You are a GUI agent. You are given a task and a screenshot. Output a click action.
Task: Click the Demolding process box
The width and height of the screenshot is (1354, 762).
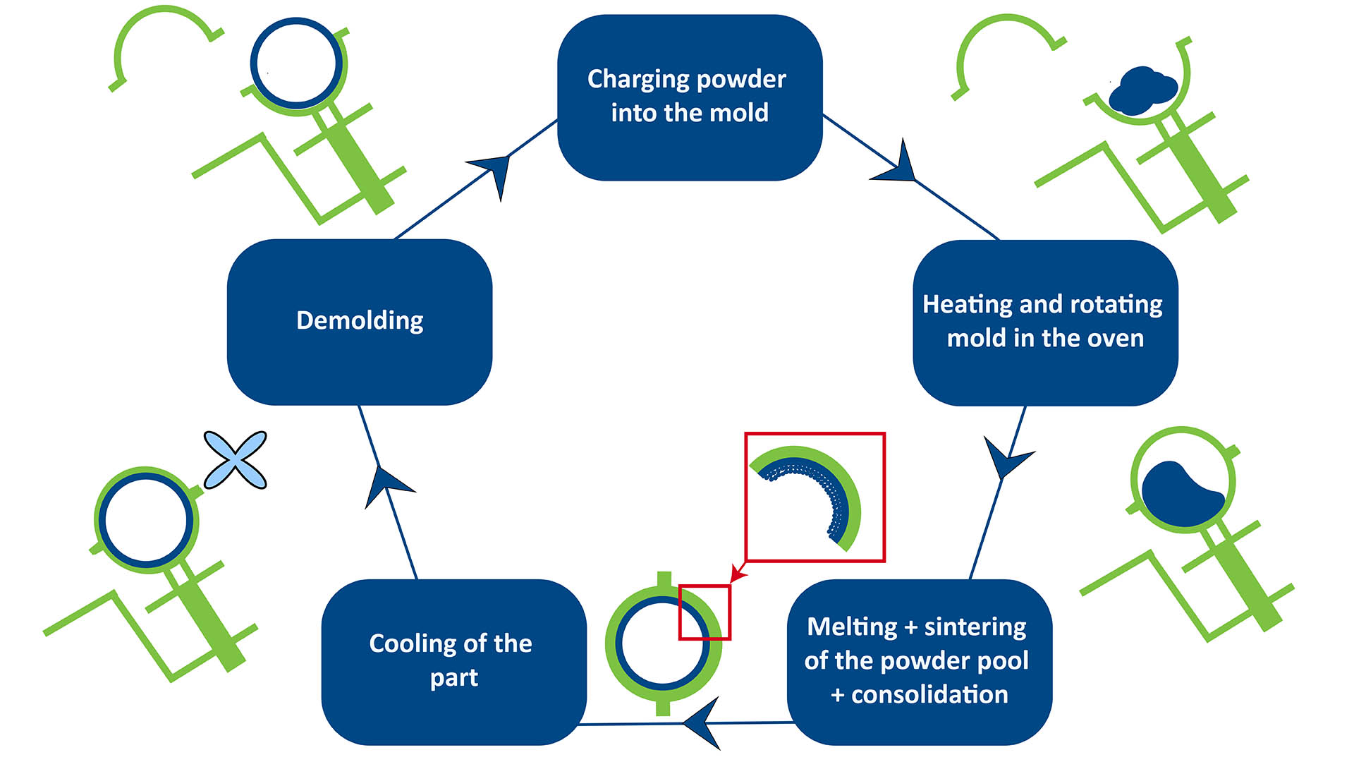(360, 322)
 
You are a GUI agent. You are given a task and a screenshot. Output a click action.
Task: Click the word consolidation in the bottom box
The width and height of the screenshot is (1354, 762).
(929, 695)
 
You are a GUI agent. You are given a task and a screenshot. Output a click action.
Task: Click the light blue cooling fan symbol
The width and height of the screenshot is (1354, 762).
(235, 460)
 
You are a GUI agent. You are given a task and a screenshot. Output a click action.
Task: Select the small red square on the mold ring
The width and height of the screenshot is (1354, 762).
(704, 612)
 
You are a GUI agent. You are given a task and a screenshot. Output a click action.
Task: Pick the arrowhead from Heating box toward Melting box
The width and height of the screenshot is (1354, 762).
(1006, 459)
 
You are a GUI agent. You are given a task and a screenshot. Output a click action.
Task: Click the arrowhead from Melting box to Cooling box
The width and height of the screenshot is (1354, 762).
(704, 722)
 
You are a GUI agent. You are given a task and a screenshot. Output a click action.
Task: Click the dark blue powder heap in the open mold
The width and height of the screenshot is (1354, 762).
(1142, 91)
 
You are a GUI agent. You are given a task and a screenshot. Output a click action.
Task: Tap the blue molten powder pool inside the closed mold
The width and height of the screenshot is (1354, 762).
(1179, 493)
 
